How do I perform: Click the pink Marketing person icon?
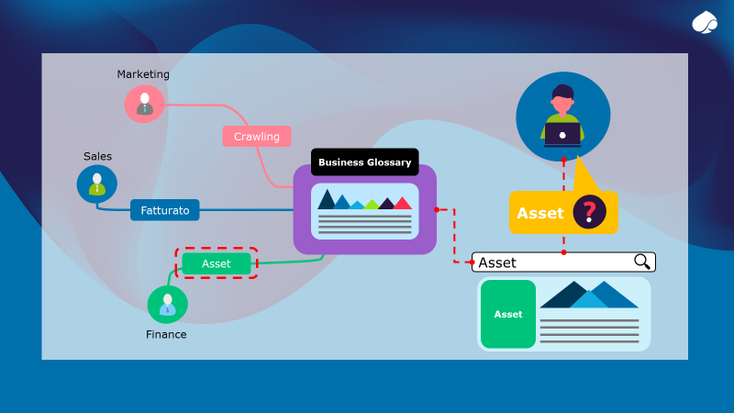[x=144, y=103]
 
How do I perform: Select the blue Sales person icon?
[x=96, y=184]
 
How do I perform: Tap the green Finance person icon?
[x=167, y=305]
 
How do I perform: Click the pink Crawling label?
[x=256, y=137]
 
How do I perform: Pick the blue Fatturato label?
[x=164, y=210]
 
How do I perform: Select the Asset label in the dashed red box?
[x=216, y=263]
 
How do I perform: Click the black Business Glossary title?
[x=364, y=162]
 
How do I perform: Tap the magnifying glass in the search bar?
[x=642, y=262]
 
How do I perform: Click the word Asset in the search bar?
[x=497, y=262]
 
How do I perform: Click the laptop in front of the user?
[x=562, y=135]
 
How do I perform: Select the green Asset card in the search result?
[x=507, y=314]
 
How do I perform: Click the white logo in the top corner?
[x=705, y=23]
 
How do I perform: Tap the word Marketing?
[x=143, y=74]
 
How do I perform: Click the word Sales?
[x=97, y=157]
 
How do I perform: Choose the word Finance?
[x=166, y=335]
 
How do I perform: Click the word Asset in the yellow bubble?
[x=540, y=213]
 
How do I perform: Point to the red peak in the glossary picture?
[x=402, y=203]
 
